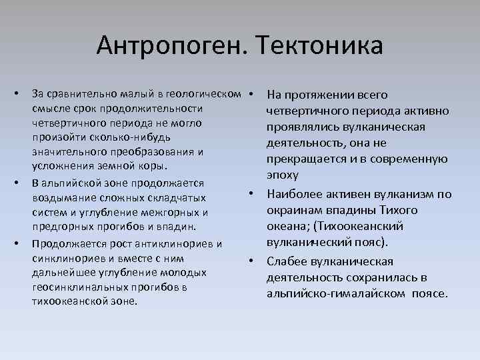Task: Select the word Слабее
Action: [286, 261]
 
